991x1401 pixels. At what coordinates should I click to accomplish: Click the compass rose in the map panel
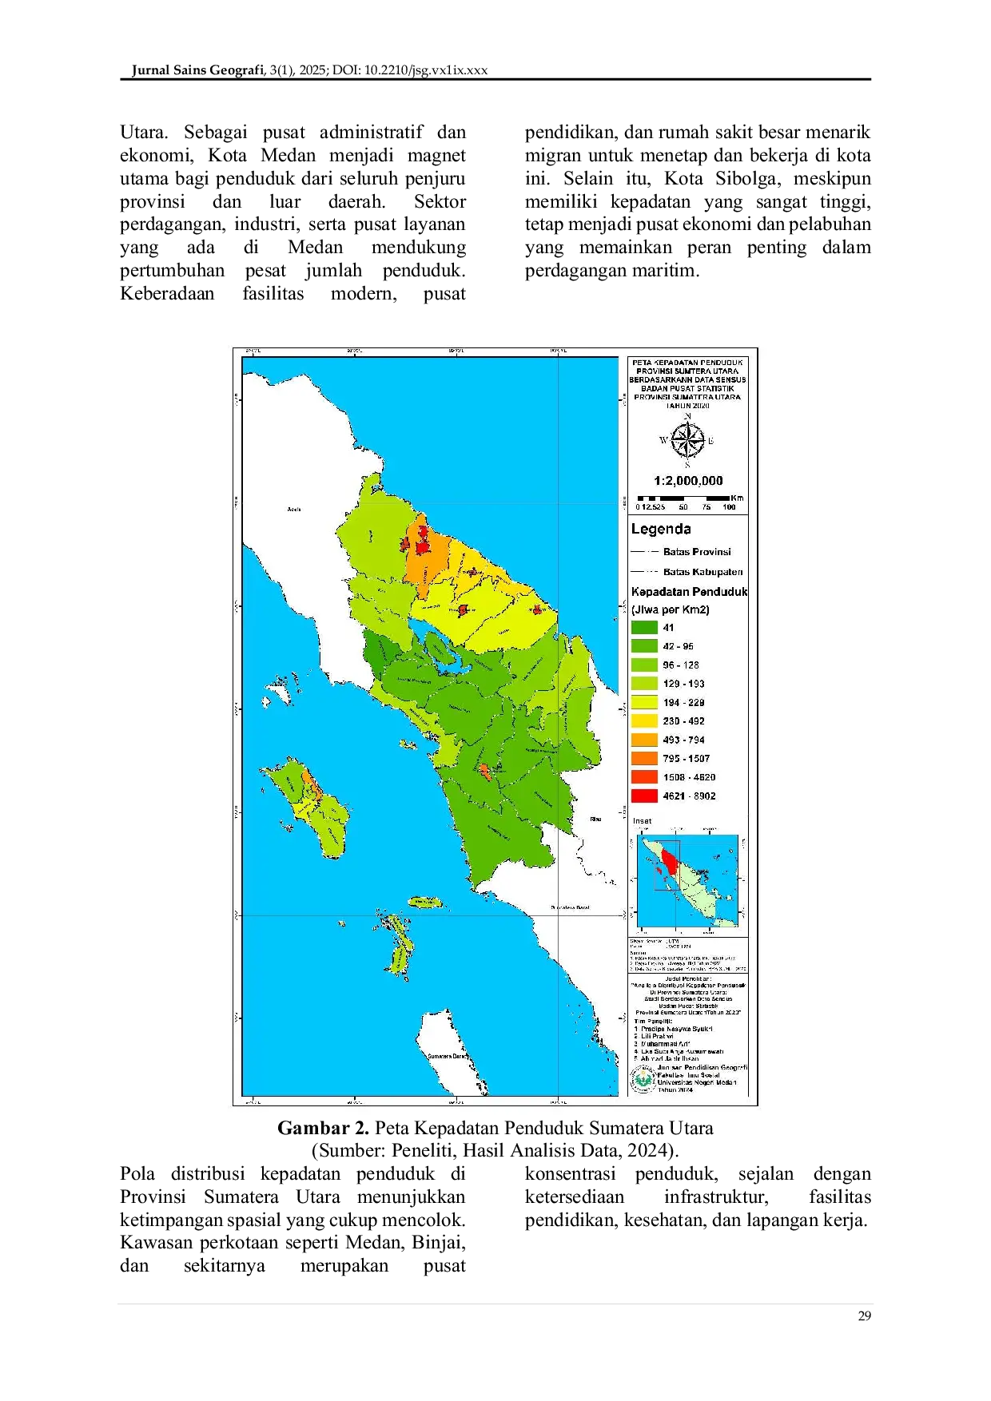pyautogui.click(x=687, y=440)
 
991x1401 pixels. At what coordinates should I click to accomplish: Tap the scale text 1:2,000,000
pyautogui.click(x=688, y=481)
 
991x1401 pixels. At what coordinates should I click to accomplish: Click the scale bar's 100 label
pyautogui.click(x=729, y=507)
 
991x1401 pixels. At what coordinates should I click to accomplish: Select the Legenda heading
pyautogui.click(x=661, y=529)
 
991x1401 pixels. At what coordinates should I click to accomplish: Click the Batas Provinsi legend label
pyautogui.click(x=697, y=552)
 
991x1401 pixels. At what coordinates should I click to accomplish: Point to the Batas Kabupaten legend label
pyautogui.click(x=702, y=572)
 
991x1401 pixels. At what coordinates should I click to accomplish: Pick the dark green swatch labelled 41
pyautogui.click(x=644, y=628)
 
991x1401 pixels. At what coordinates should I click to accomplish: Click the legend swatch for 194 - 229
pyautogui.click(x=644, y=703)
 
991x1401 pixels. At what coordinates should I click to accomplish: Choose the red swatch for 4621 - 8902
pyautogui.click(x=644, y=796)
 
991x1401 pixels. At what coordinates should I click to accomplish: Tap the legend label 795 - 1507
pyautogui.click(x=686, y=759)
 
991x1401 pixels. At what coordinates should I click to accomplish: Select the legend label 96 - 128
pyautogui.click(x=680, y=665)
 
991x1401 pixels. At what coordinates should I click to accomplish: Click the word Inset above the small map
pyautogui.click(x=642, y=820)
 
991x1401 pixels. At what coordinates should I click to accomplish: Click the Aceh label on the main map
pyautogui.click(x=293, y=510)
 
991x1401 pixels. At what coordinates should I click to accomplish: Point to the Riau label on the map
pyautogui.click(x=595, y=820)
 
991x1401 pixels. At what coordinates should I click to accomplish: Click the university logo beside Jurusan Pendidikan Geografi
pyautogui.click(x=642, y=1078)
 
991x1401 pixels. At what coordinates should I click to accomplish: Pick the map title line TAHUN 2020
pyautogui.click(x=687, y=405)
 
